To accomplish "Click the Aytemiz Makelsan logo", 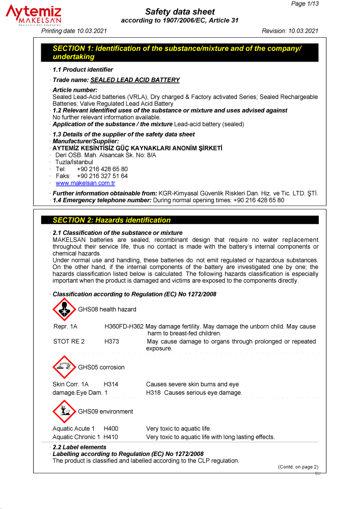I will (x=34, y=15).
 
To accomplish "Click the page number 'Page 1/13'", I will (x=305, y=4).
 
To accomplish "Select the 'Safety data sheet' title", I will (x=180, y=12).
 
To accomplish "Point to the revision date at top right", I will (x=290, y=31).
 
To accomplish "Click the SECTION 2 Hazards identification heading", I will (x=112, y=220).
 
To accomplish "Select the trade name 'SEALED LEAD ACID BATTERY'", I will (x=135, y=80).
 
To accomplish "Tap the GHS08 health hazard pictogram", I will (x=64, y=309).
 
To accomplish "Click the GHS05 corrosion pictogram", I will (x=64, y=367).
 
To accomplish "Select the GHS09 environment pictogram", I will (x=64, y=411).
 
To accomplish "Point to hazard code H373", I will (x=112, y=341).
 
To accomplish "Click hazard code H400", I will (x=110, y=428).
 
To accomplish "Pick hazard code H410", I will (x=110, y=437).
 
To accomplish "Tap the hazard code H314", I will (x=110, y=384).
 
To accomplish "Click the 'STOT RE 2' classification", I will (x=69, y=341).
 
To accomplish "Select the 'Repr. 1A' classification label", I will (x=65, y=326).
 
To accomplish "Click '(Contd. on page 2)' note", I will (x=298, y=467).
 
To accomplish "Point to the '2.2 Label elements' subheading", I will (x=79, y=447).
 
